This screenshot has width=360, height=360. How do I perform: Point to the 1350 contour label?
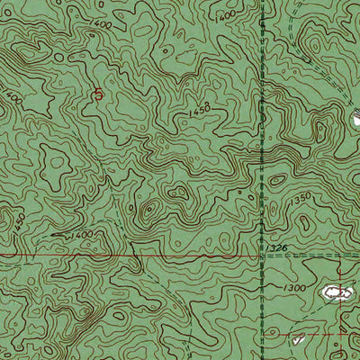point(301,196)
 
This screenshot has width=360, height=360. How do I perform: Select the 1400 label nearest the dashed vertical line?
point(225,14)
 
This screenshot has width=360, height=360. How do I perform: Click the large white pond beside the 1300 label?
point(337,292)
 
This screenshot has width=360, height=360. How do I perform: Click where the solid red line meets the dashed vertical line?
point(261,256)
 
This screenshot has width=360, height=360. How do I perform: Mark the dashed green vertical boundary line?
point(261,180)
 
